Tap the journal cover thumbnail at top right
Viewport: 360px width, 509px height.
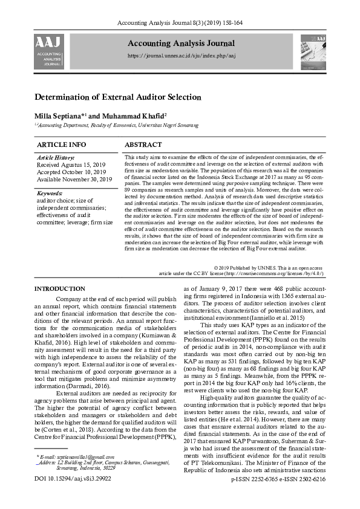312,52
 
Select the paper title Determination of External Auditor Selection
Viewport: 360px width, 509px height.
118,97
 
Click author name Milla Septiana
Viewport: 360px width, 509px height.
61,115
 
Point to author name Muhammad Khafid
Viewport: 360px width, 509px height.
131,115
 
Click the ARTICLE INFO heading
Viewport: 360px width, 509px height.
62,145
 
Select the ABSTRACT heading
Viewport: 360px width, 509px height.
143,145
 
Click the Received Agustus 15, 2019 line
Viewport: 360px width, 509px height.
71,164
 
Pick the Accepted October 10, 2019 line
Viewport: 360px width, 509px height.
71,172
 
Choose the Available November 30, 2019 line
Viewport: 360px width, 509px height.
75,179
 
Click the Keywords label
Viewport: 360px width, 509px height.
50,193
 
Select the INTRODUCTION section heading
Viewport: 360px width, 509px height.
60,289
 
